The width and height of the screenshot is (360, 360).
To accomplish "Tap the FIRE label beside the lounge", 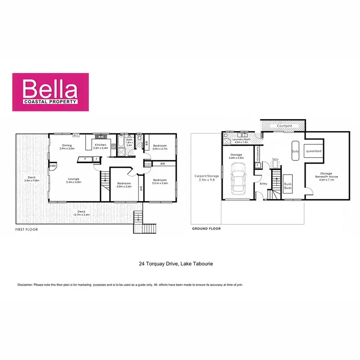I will coord(52,166).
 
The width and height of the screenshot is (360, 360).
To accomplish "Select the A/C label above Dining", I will coord(75,135).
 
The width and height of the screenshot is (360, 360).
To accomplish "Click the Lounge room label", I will coord(73,179).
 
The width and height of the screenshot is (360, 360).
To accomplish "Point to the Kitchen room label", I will coord(100,144).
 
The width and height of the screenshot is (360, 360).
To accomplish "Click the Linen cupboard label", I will coord(147,164).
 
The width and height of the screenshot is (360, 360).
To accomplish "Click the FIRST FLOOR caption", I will coord(27,229).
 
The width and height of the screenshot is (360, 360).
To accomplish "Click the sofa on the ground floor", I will coord(295,151).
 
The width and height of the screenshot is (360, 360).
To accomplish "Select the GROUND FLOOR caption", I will coord(206,229).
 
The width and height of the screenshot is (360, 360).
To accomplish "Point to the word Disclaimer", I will coord(24,285).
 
